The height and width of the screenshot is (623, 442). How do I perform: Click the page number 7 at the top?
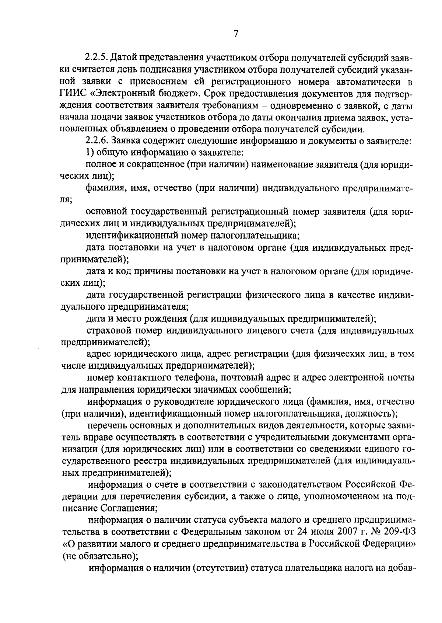[236, 34]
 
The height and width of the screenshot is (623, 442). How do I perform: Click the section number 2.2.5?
[96, 58]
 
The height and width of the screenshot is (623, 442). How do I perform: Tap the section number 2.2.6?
[97, 141]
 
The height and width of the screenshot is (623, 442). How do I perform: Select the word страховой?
[107, 331]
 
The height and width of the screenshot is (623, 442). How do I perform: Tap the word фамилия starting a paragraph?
[104, 189]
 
